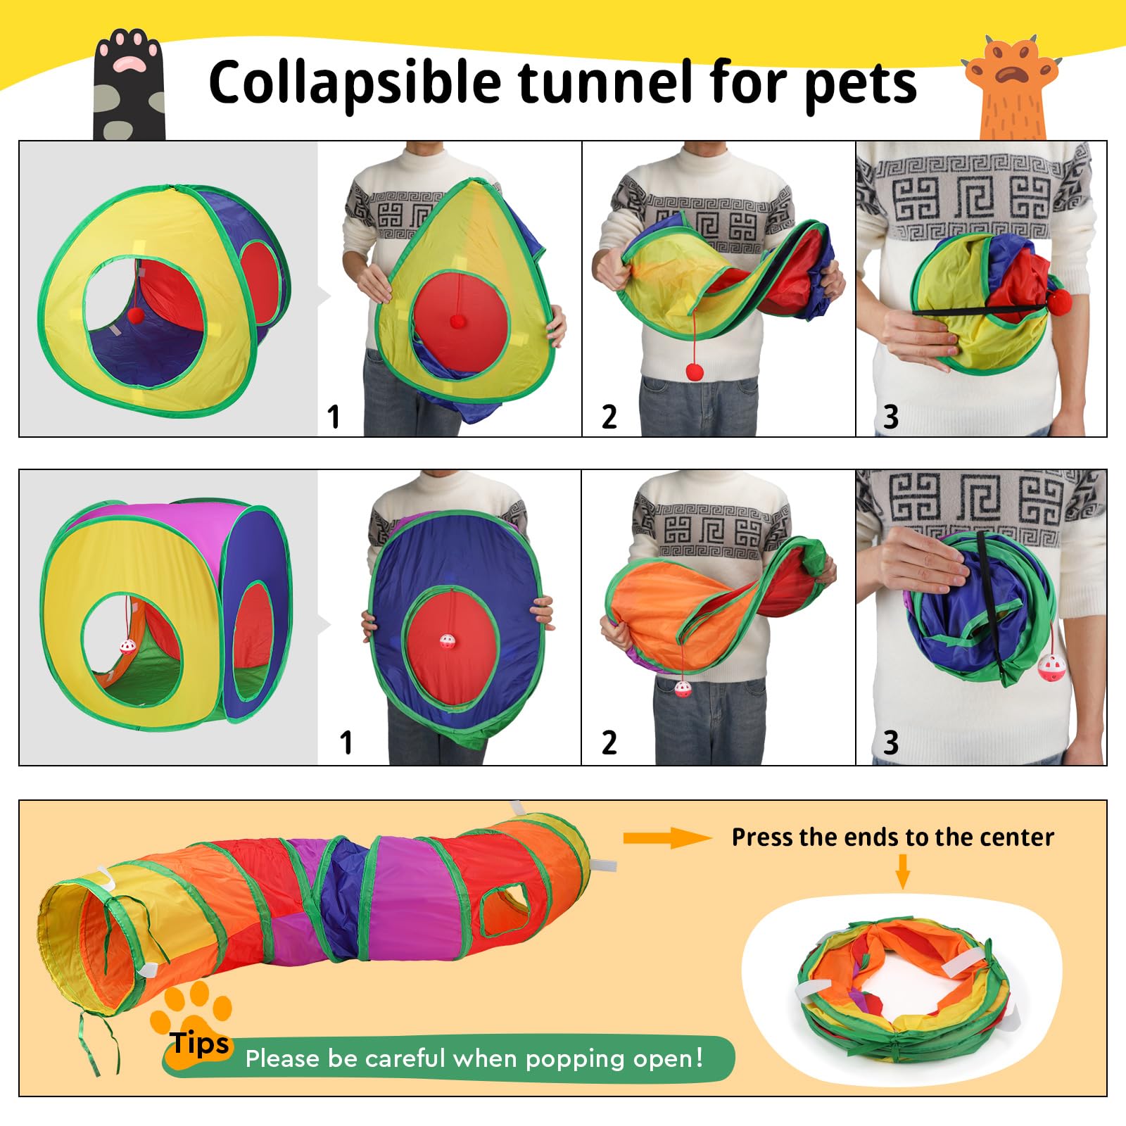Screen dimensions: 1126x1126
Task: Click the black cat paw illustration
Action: pyautogui.click(x=129, y=84)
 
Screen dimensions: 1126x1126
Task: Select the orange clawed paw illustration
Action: pyautogui.click(x=1012, y=88)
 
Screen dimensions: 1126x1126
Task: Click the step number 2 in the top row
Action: pyautogui.click(x=609, y=417)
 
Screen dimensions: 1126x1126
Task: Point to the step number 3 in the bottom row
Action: pyautogui.click(x=890, y=742)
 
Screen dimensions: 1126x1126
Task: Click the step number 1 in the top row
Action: pyautogui.click(x=334, y=417)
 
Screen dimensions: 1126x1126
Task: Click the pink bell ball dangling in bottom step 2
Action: pyautogui.click(x=683, y=688)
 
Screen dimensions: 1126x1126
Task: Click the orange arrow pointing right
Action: pyautogui.click(x=667, y=837)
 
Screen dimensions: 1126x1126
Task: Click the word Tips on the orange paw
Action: pyautogui.click(x=200, y=1043)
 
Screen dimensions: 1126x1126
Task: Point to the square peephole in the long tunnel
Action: pyautogui.click(x=504, y=909)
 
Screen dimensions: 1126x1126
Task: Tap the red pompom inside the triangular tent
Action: pyautogui.click(x=134, y=315)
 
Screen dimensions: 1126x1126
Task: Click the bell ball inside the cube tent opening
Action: pyautogui.click(x=127, y=647)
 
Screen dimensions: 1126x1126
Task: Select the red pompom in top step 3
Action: pyautogui.click(x=1059, y=303)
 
